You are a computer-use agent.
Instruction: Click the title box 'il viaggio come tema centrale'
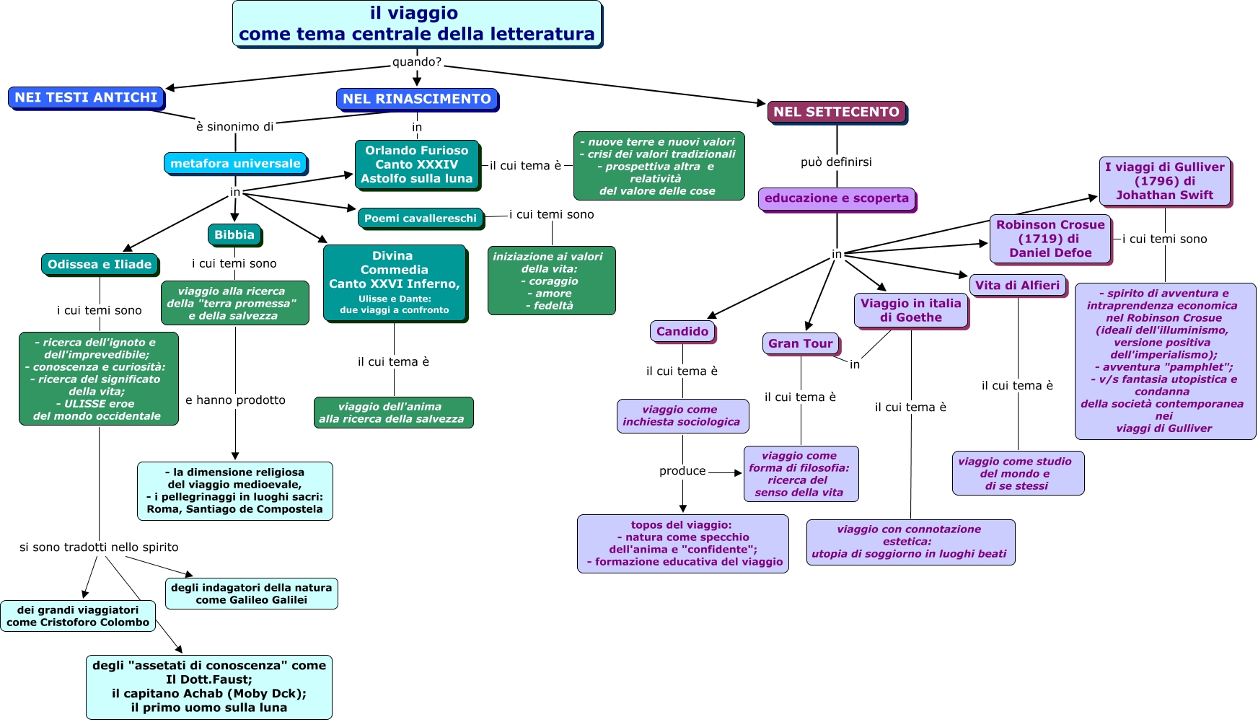pyautogui.click(x=417, y=24)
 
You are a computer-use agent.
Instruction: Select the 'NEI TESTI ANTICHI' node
pyautogui.click(x=86, y=97)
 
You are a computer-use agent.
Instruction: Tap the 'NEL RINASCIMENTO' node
pyautogui.click(x=417, y=99)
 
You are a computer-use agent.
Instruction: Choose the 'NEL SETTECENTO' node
pyautogui.click(x=836, y=112)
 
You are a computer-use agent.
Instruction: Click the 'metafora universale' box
pyautogui.click(x=235, y=164)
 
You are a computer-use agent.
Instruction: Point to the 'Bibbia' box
pyautogui.click(x=234, y=235)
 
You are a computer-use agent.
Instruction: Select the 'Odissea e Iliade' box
pyautogui.click(x=100, y=265)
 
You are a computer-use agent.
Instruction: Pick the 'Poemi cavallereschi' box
pyautogui.click(x=420, y=219)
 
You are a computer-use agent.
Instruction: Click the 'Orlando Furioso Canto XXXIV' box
pyautogui.click(x=417, y=164)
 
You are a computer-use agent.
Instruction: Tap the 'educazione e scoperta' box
pyautogui.click(x=837, y=198)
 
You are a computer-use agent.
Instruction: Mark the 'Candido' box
pyautogui.click(x=682, y=332)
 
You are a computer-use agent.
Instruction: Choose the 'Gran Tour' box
pyautogui.click(x=801, y=344)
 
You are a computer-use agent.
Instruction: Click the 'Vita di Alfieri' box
pyautogui.click(x=1017, y=286)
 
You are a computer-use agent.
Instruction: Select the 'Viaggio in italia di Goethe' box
pyautogui.click(x=911, y=311)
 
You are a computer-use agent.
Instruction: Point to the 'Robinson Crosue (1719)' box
pyautogui.click(x=1050, y=239)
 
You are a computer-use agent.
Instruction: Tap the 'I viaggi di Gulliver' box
pyautogui.click(x=1164, y=181)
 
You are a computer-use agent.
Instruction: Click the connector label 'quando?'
pyautogui.click(x=417, y=62)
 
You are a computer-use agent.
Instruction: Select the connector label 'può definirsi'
pyautogui.click(x=836, y=162)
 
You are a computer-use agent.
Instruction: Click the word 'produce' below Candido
pyautogui.click(x=682, y=471)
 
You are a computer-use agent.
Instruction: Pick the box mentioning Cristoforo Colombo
pyautogui.click(x=78, y=616)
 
